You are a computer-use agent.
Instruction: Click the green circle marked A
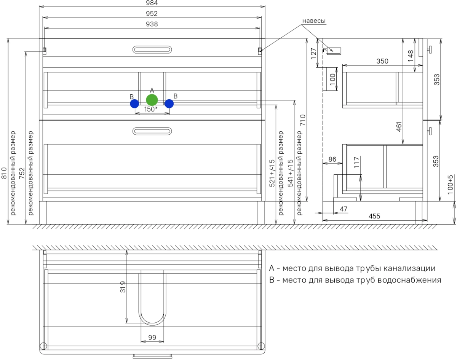[152, 100]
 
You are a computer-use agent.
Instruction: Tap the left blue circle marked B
[134, 104]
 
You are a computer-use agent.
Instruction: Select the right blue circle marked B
[169, 104]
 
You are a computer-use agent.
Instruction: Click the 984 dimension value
[152, 3]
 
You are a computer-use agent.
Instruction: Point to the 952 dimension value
[152, 14]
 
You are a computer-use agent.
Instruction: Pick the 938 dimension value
[152, 24]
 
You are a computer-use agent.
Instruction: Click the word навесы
[314, 21]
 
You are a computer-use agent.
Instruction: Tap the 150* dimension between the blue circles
[151, 109]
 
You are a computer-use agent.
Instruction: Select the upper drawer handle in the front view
[152, 50]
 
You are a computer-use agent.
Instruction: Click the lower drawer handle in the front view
[152, 131]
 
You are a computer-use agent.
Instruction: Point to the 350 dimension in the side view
[382, 61]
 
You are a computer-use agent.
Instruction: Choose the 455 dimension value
[374, 216]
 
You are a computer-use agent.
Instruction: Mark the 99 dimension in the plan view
[152, 337]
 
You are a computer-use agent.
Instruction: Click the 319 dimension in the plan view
[123, 287]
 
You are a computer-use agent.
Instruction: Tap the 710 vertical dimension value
[303, 120]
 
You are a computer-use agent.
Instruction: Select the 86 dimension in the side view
[332, 159]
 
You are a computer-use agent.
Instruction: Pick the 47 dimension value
[344, 209]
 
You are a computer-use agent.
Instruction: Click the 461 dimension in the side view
[399, 127]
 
